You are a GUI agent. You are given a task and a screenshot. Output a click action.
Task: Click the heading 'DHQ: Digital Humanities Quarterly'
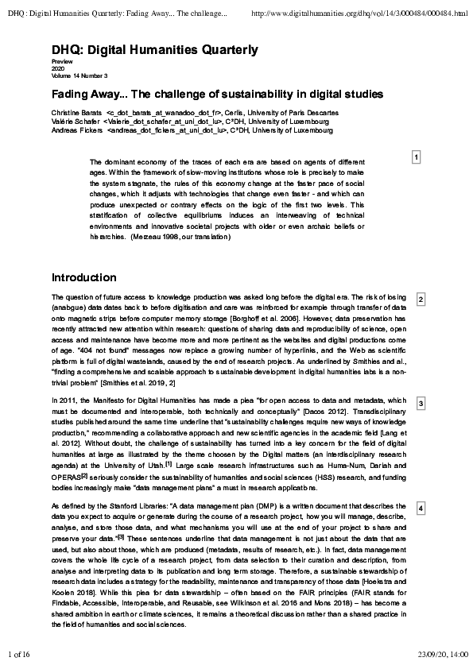point(155,50)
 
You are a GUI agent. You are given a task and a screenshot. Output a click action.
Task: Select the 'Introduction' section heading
point(83,278)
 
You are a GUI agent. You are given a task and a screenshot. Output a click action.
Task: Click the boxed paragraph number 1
point(416,158)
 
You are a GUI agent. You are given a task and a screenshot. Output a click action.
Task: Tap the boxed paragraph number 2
point(421,299)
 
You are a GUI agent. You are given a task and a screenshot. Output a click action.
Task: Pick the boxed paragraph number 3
point(421,404)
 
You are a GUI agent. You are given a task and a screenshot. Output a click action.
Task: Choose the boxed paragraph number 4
point(421,507)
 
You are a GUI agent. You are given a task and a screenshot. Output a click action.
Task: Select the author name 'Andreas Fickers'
point(76,130)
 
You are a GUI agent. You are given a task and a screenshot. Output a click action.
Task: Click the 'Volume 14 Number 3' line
point(79,75)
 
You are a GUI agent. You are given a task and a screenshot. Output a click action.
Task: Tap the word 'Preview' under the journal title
point(61,62)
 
